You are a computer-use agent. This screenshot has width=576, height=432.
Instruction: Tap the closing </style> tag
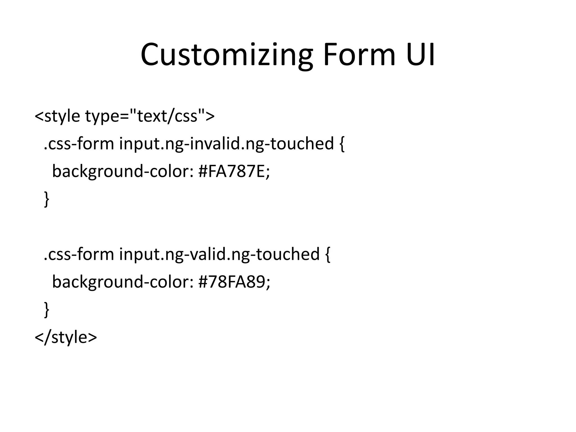pyautogui.click(x=66, y=337)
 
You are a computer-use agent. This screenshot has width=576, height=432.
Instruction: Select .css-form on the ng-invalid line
pyautogui.click(x=79, y=143)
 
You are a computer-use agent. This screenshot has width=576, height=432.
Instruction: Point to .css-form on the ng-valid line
pyautogui.click(x=79, y=254)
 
